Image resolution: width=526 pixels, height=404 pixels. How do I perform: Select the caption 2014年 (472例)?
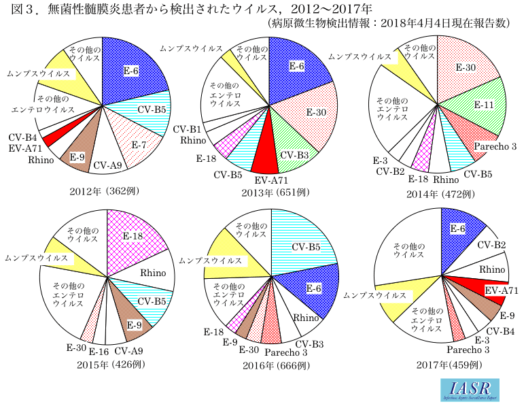[x=438, y=192]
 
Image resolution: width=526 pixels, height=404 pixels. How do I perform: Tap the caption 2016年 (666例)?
[x=276, y=365]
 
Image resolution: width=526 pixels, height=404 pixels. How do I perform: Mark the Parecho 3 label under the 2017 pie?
[x=467, y=350]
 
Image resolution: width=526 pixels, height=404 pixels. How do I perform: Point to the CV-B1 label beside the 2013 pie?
[x=186, y=129]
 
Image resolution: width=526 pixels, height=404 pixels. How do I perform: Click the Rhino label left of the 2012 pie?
[x=41, y=160]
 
